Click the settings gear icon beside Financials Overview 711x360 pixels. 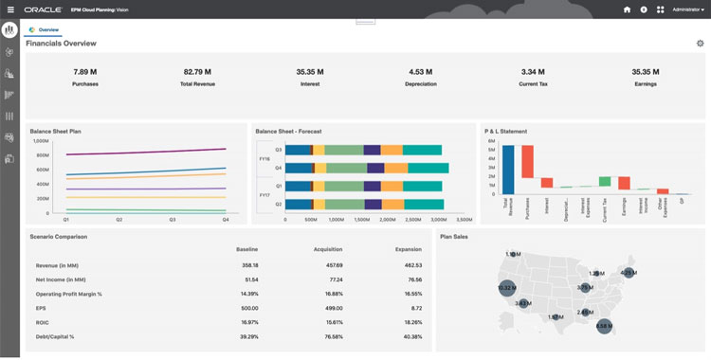pyautogui.click(x=700, y=44)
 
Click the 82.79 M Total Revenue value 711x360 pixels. pyautogui.click(x=197, y=72)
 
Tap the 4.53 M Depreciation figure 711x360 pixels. pyautogui.click(x=421, y=72)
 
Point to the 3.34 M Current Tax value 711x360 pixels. pyautogui.click(x=533, y=72)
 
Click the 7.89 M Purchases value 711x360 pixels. pyautogui.click(x=85, y=72)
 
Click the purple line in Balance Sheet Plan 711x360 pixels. pyautogui.click(x=142, y=152)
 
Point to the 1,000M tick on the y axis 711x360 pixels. pyautogui.click(x=41, y=140)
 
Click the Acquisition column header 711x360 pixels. pyautogui.click(x=327, y=249)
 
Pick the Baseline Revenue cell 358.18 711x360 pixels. pyautogui.click(x=249, y=265)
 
